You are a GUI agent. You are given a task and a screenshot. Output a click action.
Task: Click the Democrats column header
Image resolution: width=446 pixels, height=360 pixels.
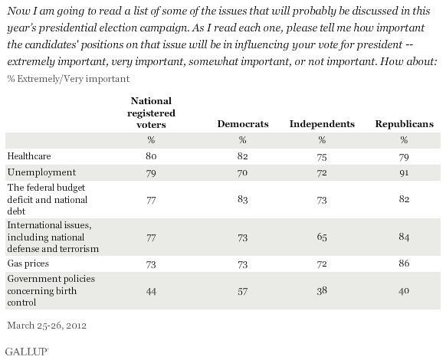tap(243, 124)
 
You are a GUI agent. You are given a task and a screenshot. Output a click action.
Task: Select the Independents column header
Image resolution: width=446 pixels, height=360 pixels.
tap(322, 124)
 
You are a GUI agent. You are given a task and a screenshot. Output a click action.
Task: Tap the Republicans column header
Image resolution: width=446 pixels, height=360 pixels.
tap(404, 124)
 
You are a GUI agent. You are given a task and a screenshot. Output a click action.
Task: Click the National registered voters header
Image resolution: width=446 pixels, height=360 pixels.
tap(151, 113)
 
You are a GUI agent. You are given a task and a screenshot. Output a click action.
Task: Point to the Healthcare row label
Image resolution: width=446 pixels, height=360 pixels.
tap(29, 156)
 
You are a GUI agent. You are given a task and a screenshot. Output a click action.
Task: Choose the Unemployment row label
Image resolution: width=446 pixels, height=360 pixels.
tap(41, 172)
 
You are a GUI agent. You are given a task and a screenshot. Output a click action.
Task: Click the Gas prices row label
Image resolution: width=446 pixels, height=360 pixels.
tap(28, 263)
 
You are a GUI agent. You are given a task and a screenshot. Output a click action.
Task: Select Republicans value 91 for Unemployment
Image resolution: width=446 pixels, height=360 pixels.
tap(404, 172)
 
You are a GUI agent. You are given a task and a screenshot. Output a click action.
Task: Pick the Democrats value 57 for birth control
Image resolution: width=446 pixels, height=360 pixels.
tap(242, 292)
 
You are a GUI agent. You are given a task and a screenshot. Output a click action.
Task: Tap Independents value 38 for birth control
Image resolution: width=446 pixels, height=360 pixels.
tap(322, 290)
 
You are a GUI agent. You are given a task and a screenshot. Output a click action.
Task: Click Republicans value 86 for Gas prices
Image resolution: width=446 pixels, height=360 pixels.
tap(404, 263)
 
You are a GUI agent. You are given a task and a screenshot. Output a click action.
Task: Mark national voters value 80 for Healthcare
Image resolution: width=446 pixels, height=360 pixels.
tap(151, 156)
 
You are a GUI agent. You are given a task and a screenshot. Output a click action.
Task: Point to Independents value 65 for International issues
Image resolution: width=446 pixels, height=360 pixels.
tap(322, 237)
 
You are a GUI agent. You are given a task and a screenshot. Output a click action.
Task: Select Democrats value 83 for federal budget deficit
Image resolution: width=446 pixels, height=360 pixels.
tap(242, 199)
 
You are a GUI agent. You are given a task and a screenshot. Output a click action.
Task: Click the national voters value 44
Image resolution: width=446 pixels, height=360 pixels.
tap(151, 292)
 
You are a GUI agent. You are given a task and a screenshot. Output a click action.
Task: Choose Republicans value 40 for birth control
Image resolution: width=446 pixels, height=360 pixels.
tap(404, 290)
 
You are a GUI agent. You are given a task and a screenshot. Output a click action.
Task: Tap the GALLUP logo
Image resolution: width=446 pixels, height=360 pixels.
tap(27, 352)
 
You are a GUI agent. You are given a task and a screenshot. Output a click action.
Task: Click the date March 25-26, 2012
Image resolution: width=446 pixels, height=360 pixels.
tap(47, 326)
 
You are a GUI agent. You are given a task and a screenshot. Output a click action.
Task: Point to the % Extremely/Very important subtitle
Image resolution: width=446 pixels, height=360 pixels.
tap(68, 79)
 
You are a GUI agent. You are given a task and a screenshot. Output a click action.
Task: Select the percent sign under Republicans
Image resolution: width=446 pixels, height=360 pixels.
tap(404, 140)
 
